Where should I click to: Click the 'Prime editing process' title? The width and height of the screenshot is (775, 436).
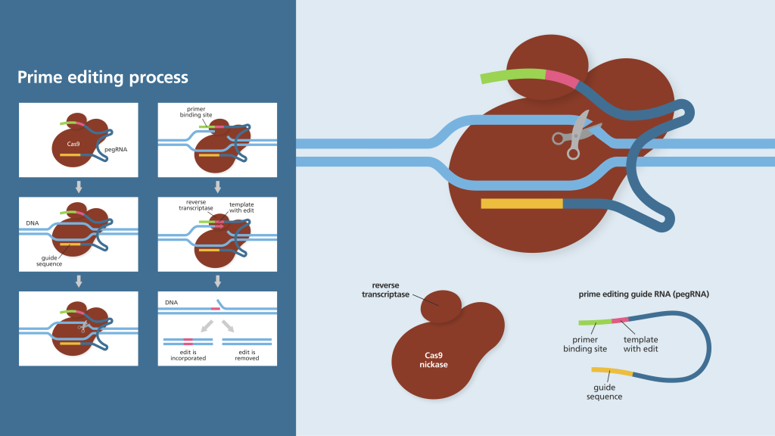point(103,78)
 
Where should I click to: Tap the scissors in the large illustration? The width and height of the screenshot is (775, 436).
point(576,135)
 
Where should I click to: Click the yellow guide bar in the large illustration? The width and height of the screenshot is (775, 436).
point(522,204)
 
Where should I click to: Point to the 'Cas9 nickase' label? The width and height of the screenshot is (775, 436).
point(434,360)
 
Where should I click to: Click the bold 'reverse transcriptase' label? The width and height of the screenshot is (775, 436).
point(385,290)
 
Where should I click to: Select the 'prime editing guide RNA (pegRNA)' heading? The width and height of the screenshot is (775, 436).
point(643,294)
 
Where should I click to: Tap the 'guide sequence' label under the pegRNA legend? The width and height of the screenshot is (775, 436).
point(605,392)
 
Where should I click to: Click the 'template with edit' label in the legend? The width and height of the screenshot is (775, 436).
point(640,344)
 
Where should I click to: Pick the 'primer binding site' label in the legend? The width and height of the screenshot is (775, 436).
point(585,344)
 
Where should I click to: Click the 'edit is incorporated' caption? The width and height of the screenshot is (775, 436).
point(188,356)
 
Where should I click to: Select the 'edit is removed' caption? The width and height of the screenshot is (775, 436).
point(247,356)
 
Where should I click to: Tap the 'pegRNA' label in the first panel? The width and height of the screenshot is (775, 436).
point(116,149)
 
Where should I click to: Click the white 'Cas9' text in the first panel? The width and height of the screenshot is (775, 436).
point(73,144)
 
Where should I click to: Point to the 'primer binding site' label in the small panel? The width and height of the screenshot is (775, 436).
point(196,112)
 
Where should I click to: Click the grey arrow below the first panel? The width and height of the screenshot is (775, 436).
point(79,187)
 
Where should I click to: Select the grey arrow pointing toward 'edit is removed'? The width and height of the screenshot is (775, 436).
point(227,325)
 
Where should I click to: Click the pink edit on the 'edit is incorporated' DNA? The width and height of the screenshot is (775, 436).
point(188,341)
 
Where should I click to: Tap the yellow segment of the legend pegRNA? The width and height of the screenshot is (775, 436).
point(612,372)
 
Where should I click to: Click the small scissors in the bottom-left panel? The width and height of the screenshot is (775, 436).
point(83,326)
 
